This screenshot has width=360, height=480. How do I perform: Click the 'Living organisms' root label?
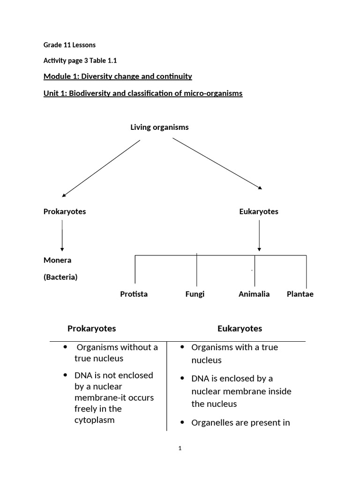(159, 127)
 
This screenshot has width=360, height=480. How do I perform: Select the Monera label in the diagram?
(57, 260)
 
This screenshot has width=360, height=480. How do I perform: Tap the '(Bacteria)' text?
(60, 277)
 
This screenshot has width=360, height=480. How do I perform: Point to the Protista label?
(134, 294)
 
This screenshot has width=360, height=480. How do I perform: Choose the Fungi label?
(195, 294)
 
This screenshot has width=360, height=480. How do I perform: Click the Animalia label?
(254, 294)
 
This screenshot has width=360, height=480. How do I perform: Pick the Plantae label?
(300, 294)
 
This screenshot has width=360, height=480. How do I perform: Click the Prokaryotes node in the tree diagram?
(65, 211)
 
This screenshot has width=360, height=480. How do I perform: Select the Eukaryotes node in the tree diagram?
(259, 211)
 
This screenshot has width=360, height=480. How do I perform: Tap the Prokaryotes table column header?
(91, 329)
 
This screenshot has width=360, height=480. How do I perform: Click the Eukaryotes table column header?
(240, 329)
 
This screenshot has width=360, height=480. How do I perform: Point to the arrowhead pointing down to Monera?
(62, 249)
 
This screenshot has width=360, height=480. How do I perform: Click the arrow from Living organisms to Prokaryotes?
(101, 168)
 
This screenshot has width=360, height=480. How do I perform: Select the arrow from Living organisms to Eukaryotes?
(217, 164)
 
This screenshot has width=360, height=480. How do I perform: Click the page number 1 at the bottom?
(180, 449)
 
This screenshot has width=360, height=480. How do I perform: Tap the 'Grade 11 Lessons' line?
(69, 45)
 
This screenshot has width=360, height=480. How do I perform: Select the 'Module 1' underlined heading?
(118, 76)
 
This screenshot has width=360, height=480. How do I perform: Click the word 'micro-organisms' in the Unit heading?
(216, 93)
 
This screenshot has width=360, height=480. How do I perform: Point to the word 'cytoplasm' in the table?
(94, 420)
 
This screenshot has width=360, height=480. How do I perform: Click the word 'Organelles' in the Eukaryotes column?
(210, 423)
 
